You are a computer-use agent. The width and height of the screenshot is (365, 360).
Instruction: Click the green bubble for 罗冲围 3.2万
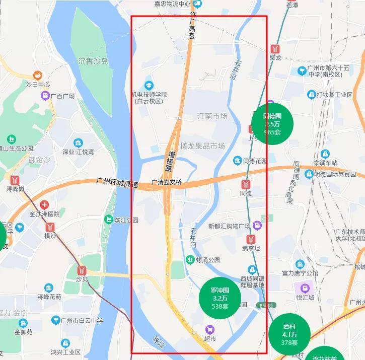[220, 298]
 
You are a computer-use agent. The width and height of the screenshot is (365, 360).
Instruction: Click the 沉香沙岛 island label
[93, 61]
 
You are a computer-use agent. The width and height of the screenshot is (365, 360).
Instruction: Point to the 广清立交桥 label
[167, 182]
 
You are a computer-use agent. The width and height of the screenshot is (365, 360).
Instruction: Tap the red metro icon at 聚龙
[275, 48]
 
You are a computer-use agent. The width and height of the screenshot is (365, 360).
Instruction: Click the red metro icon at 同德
[246, 184]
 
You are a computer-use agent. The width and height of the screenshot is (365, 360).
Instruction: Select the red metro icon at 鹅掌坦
[250, 239]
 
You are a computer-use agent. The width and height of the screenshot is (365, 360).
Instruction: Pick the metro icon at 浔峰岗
[16, 180]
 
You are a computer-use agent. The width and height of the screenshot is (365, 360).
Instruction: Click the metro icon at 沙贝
[82, 270]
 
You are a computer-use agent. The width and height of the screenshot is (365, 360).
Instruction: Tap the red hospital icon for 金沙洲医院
[44, 205]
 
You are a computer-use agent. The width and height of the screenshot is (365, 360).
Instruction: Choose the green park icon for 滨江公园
[108, 220]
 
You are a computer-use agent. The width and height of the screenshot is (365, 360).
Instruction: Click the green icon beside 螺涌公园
[190, 260]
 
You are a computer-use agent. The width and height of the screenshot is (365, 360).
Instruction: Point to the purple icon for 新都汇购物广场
[257, 225]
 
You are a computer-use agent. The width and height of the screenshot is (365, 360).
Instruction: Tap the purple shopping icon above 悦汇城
[305, 288]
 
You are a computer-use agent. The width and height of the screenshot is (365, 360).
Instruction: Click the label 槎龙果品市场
[202, 146]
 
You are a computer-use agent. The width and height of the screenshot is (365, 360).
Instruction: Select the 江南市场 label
[212, 116]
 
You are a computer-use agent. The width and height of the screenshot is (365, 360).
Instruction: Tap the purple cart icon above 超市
[210, 329]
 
